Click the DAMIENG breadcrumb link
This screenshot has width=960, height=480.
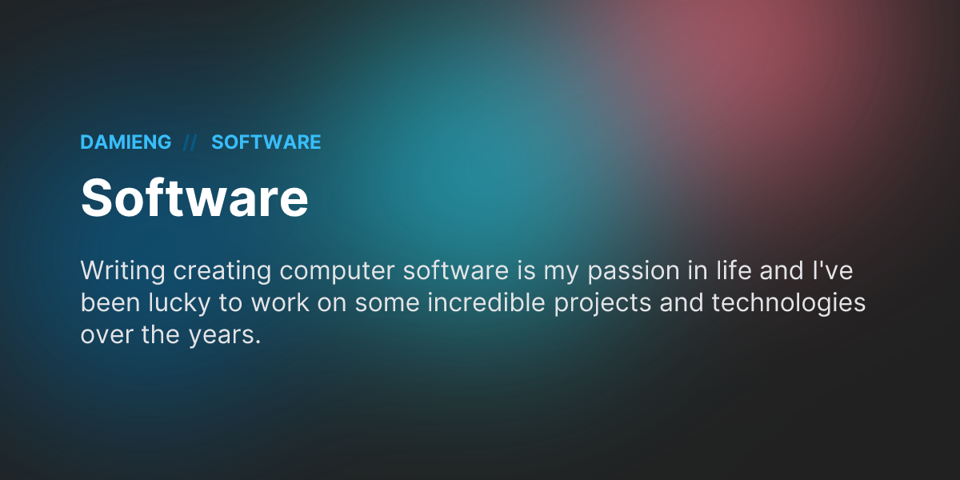126,142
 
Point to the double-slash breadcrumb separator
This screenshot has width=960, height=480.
190,142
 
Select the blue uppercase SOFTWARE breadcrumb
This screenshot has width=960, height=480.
266,142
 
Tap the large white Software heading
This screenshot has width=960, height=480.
194,198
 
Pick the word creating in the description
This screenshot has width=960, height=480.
222,271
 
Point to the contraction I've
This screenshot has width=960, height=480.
835,271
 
